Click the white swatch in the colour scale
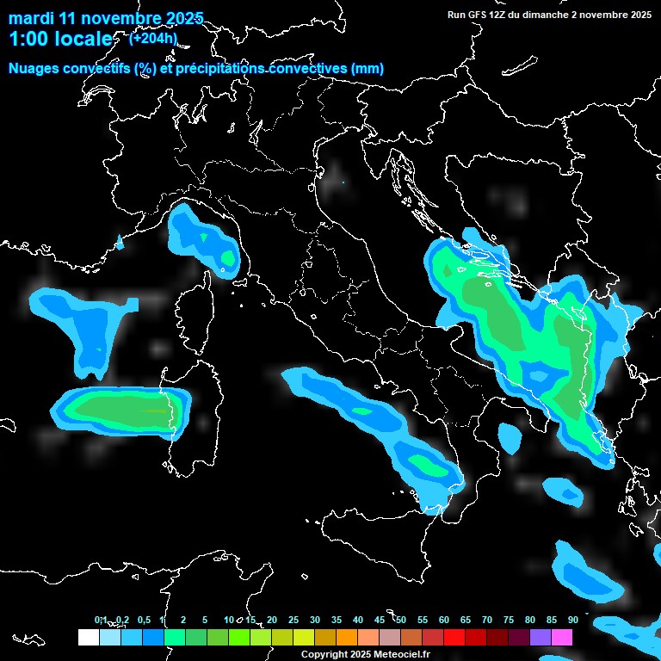(x=88, y=637)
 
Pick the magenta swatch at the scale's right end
(x=562, y=637)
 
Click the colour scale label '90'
(x=573, y=620)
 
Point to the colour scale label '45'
(x=380, y=620)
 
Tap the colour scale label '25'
(x=293, y=620)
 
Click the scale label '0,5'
(x=143, y=620)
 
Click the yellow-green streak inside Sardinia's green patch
(x=154, y=411)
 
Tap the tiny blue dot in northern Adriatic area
(x=343, y=182)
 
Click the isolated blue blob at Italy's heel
(x=510, y=440)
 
